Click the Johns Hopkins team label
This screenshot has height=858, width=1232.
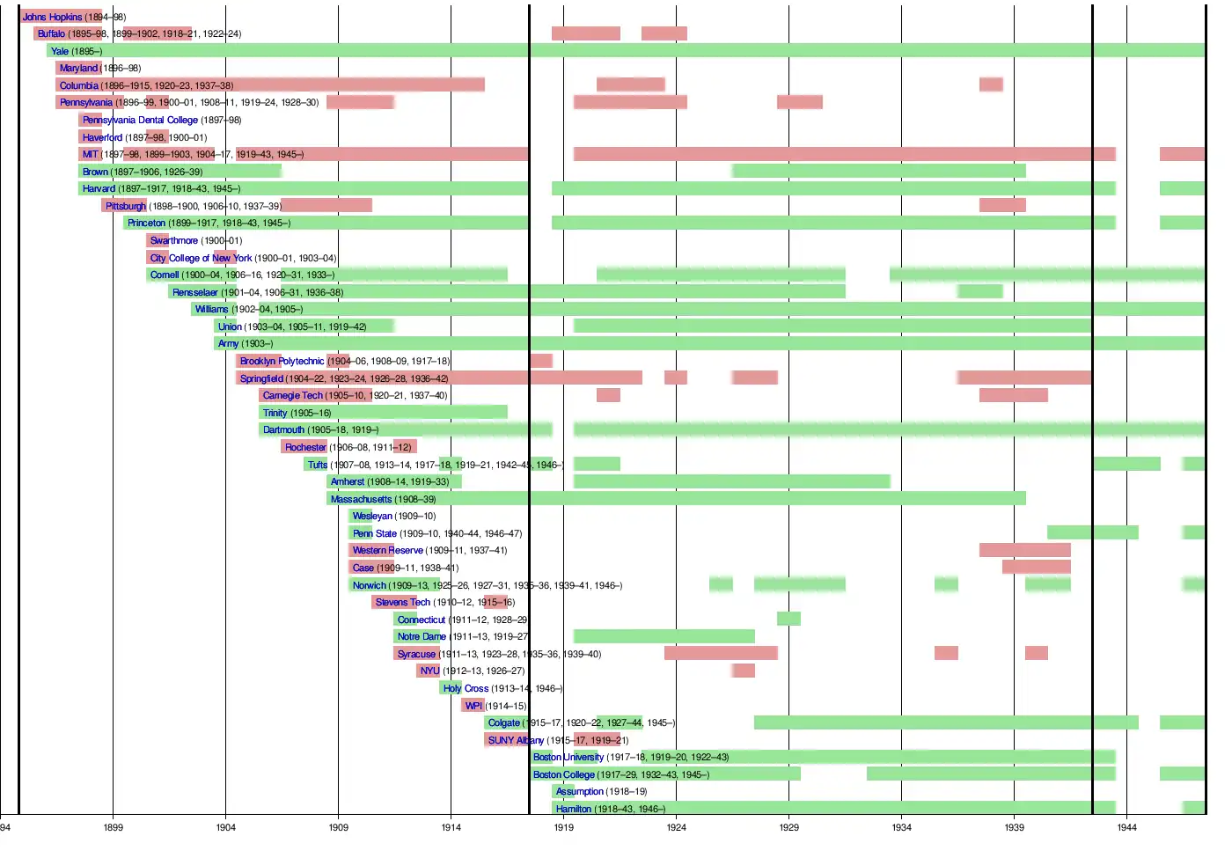click(x=52, y=17)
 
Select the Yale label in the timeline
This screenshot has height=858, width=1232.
click(x=59, y=51)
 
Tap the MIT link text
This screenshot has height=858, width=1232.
click(x=90, y=154)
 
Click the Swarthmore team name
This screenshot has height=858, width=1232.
click(x=173, y=240)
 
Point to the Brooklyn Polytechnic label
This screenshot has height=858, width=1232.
click(x=282, y=361)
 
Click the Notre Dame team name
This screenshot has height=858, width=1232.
click(x=421, y=636)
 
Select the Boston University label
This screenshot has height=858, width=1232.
click(x=568, y=757)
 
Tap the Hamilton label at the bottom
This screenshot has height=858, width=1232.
click(x=573, y=809)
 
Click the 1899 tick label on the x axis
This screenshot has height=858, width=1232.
click(x=113, y=827)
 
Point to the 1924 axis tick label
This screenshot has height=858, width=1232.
click(x=676, y=827)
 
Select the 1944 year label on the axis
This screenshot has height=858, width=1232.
click(x=1126, y=827)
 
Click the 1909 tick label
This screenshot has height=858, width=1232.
click(x=338, y=827)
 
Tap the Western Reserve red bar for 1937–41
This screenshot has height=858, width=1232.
click(x=1024, y=550)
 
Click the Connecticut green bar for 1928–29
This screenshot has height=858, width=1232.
click(x=788, y=619)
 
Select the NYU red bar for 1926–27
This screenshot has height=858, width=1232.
click(x=743, y=671)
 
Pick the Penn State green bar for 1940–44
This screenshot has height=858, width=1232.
click(x=1092, y=532)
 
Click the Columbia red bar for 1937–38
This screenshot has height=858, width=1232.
click(x=991, y=84)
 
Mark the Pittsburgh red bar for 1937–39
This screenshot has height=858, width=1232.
click(x=1002, y=205)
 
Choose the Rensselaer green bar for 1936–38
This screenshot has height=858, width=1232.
click(x=979, y=291)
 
